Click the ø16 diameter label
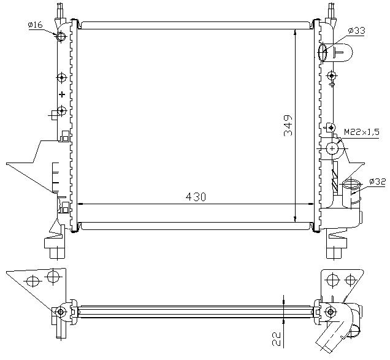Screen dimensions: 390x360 36,25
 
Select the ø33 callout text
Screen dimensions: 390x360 356,31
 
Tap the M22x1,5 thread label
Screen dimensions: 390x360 362,132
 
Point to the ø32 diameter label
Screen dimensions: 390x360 378,182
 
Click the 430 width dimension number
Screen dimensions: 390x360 196,197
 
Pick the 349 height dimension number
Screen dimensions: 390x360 288,125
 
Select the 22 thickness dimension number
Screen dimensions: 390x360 277,339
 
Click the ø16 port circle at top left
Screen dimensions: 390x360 61,37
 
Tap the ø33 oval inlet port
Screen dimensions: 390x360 323,52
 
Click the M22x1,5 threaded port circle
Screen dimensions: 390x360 332,148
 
